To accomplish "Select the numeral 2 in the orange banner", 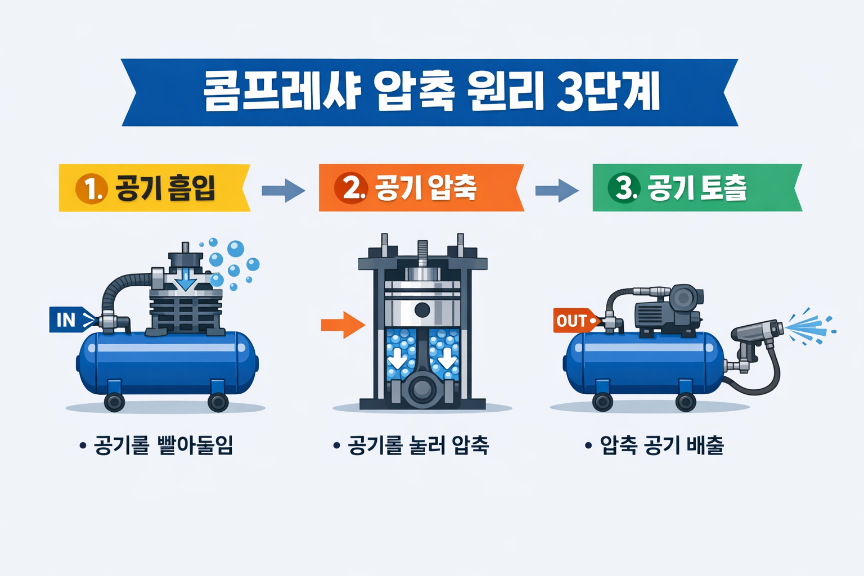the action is pyautogui.click(x=352, y=188).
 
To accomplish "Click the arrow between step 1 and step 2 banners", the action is pyautogui.click(x=283, y=190).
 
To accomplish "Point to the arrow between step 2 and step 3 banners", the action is pyautogui.click(x=557, y=190).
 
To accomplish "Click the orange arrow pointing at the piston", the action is pyautogui.click(x=343, y=325).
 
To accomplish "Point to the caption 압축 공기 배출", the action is pyautogui.click(x=661, y=445).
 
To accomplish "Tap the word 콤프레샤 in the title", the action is pyautogui.click(x=281, y=92).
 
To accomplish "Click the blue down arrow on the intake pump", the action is pyautogui.click(x=186, y=280).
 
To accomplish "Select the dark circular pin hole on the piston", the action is pyautogui.click(x=422, y=310).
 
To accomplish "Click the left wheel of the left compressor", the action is pyautogui.click(x=115, y=402).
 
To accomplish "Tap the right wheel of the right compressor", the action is pyautogui.click(x=686, y=402).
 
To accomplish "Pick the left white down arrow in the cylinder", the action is pyautogui.click(x=398, y=358).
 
